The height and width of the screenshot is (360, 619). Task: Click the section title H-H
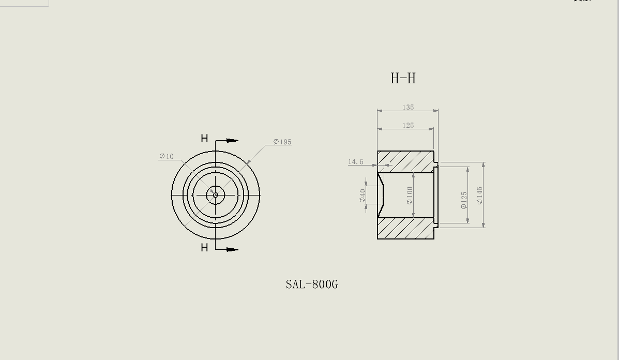click(403, 78)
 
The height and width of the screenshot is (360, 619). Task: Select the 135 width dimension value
click(408, 108)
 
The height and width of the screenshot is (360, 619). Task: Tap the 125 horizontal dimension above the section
click(408, 126)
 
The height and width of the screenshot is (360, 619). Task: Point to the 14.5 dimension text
click(356, 162)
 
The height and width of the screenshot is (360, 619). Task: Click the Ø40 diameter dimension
click(363, 196)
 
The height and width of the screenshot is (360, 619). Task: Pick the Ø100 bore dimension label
click(410, 196)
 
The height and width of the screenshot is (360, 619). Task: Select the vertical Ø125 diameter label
click(464, 201)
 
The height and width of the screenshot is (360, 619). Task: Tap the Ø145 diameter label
click(480, 196)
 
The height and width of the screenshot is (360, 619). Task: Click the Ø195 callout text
click(282, 142)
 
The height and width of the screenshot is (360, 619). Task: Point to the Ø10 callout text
click(167, 156)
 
